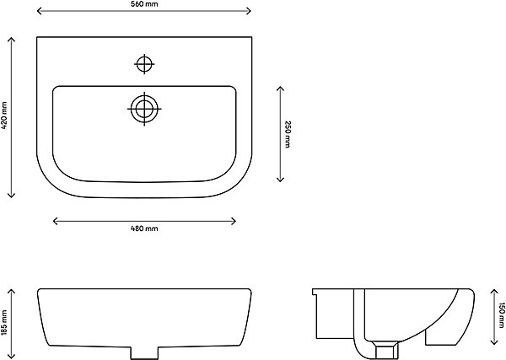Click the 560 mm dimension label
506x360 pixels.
click(144, 4)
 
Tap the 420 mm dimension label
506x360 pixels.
click(4, 116)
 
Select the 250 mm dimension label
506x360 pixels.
click(288, 134)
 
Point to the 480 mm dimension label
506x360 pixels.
click(144, 228)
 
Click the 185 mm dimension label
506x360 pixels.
click(4, 323)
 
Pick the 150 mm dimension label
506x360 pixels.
click(501, 315)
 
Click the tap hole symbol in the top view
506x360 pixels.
click(144, 64)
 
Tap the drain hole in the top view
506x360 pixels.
click(144, 109)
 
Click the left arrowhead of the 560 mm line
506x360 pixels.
click(39, 11)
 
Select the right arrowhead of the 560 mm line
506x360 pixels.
click(249, 11)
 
